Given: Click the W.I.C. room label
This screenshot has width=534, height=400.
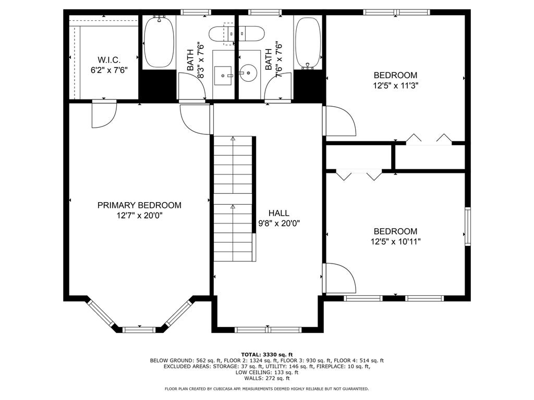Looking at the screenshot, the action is (109, 60).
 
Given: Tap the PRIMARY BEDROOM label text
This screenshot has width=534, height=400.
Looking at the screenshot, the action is (139, 205).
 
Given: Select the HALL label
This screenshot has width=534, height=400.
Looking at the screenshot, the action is (279, 213).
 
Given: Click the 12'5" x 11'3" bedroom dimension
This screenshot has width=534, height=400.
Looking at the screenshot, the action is (395, 85).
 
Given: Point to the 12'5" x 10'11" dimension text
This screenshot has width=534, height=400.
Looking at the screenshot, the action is (395, 242).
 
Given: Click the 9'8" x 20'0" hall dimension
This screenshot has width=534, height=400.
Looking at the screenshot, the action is (279, 223).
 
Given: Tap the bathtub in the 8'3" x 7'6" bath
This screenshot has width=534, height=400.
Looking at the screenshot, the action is (159, 42).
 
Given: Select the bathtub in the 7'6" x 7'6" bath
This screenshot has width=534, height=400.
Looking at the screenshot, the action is (308, 42).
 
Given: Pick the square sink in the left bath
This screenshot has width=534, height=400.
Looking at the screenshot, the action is (223, 76).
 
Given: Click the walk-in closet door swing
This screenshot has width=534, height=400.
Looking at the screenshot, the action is (104, 114).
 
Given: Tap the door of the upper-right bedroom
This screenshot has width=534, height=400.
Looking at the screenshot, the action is (341, 121).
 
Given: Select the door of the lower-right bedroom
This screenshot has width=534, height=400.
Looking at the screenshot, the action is (341, 278).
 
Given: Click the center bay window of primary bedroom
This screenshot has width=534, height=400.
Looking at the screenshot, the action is (139, 329).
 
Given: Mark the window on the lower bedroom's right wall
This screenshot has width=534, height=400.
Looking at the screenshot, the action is (468, 226).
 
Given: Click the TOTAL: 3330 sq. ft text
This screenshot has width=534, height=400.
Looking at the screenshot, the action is (267, 355).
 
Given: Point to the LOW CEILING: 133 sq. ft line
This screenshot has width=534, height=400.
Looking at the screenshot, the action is (267, 372).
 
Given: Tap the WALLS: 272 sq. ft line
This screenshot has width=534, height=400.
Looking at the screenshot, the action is (267, 378).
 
